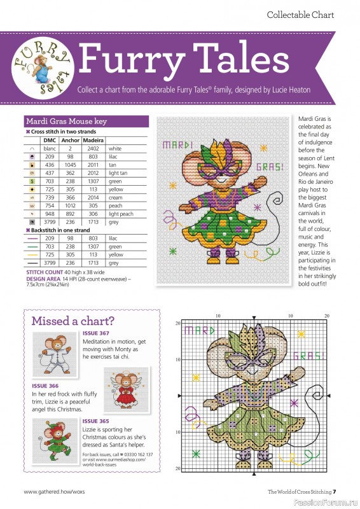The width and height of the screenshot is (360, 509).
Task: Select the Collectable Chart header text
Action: tap(300, 15)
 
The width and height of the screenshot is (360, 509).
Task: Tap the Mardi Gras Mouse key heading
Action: tap(66, 121)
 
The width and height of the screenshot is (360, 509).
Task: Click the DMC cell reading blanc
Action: tap(50, 148)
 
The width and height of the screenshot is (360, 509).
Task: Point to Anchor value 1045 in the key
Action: tap(71, 165)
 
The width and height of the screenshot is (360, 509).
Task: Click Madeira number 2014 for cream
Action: tap(93, 198)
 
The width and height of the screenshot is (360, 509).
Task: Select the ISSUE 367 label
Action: tap(96, 333)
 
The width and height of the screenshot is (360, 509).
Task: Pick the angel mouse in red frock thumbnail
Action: tap(127, 387)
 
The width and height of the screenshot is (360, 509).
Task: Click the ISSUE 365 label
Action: tap(96, 421)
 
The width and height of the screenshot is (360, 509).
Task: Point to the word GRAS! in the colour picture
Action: tap(270, 168)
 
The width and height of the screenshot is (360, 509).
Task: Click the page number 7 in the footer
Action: tap(335, 491)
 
